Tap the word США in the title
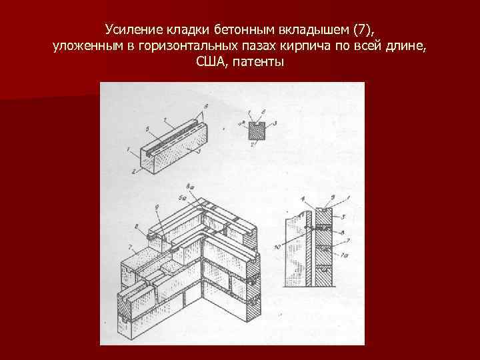pos(211,63)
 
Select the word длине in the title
pos(405,47)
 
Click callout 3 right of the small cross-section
pos(275,125)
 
